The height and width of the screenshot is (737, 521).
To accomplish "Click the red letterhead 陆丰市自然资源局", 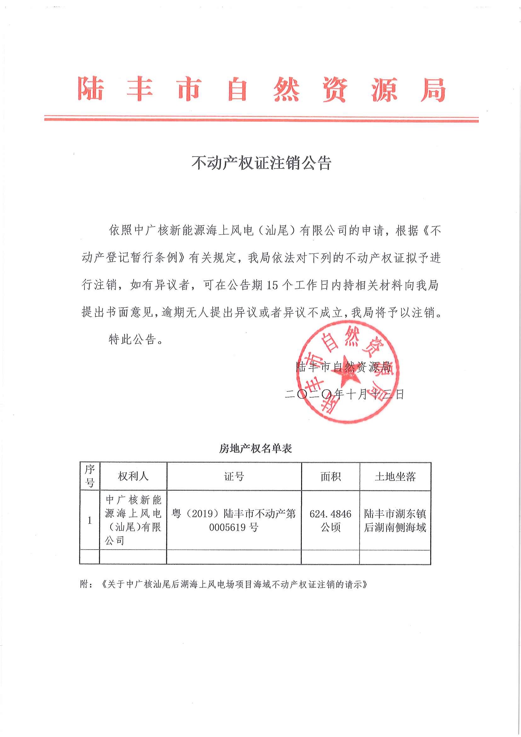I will tap(261, 89).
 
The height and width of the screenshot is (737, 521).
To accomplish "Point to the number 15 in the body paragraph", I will tap(272, 285).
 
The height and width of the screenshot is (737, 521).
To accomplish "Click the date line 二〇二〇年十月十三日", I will tap(344, 394).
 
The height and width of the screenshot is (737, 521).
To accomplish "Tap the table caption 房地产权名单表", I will tap(255, 448).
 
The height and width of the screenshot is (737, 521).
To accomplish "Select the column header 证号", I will tap(234, 476).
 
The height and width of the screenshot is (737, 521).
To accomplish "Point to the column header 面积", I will tap(330, 476).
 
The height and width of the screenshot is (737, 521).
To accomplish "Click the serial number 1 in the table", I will tap(90, 520).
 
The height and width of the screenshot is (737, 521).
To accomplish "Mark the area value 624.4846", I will tap(330, 514).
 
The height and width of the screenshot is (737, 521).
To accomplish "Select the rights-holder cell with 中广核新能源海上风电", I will tap(133, 520).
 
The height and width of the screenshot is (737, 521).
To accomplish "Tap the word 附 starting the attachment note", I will tap(84, 584).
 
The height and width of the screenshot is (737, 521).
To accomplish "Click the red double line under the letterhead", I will tap(261, 118).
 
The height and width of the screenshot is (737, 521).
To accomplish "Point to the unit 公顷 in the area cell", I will tap(330, 527).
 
